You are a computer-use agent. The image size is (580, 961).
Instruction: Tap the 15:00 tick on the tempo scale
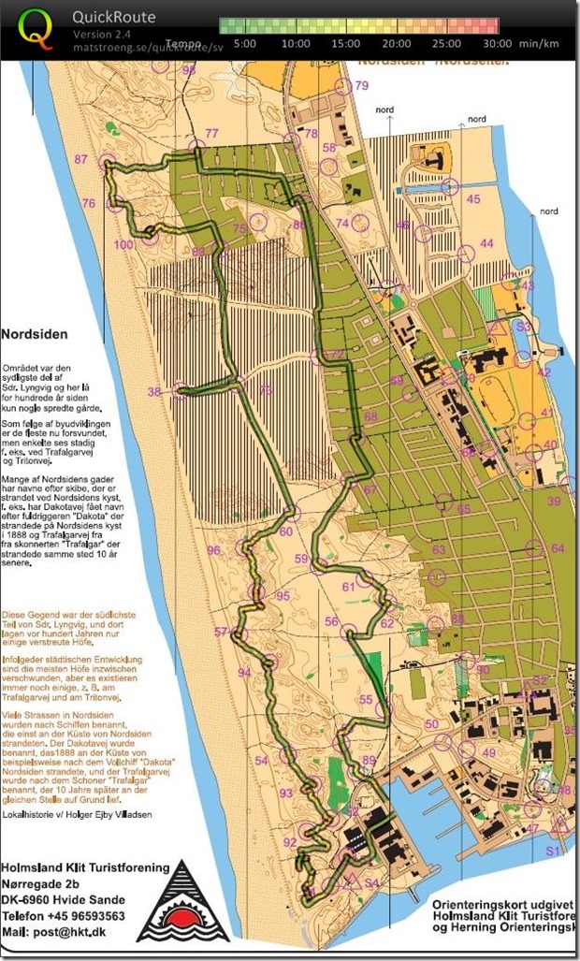click(x=346, y=43)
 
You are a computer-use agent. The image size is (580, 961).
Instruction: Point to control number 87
click(x=81, y=159)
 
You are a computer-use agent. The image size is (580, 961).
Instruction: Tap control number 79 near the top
click(x=362, y=85)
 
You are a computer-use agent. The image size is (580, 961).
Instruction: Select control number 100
click(x=123, y=245)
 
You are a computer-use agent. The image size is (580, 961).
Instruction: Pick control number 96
click(x=214, y=549)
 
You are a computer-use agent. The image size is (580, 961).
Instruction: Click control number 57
click(x=221, y=632)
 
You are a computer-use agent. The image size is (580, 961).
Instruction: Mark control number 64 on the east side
click(x=558, y=548)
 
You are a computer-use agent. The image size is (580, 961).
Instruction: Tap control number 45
click(x=473, y=199)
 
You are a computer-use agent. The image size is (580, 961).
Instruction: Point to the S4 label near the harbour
click(x=371, y=882)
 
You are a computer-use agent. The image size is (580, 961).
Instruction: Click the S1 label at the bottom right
click(x=553, y=850)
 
